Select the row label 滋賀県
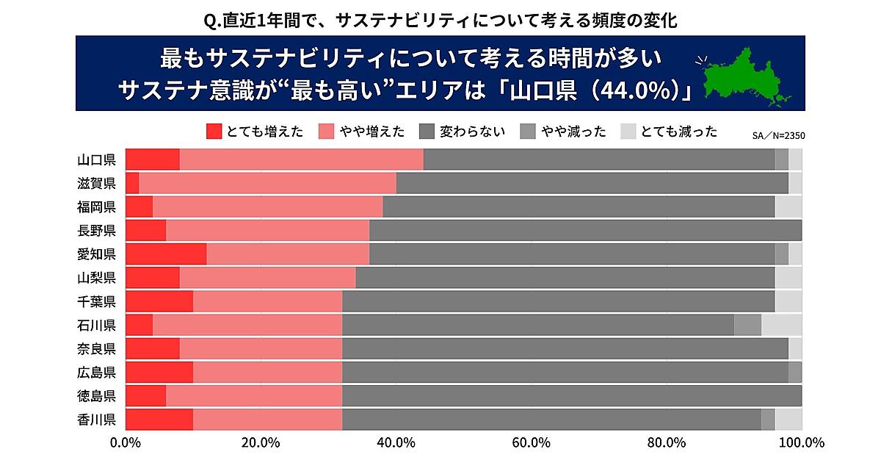click(x=96, y=184)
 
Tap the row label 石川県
click(x=96, y=325)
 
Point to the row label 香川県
click(x=96, y=420)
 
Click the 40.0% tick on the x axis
click(x=396, y=442)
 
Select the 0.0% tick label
click(x=126, y=442)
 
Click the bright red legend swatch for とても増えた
click(x=214, y=132)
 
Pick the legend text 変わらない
click(x=472, y=132)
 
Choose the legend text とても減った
click(x=678, y=132)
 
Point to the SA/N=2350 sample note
click(x=778, y=135)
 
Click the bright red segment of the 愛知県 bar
click(x=166, y=254)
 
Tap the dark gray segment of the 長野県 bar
click(x=585, y=231)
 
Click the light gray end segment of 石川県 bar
click(x=781, y=325)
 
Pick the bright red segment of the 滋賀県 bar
click(x=132, y=184)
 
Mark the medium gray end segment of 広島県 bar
click(x=794, y=373)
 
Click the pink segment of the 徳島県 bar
click(x=254, y=396)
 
